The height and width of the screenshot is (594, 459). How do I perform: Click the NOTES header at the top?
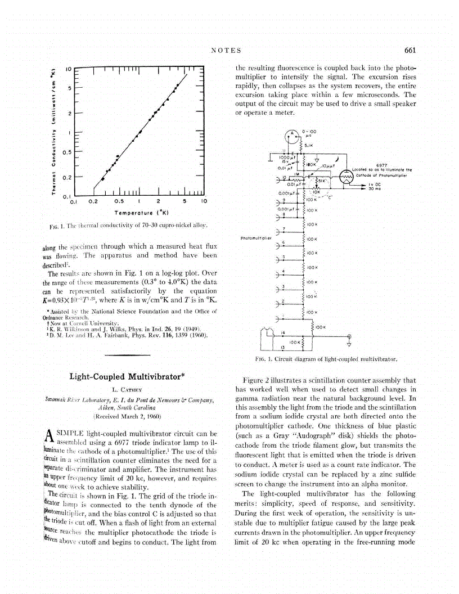[x=226, y=51]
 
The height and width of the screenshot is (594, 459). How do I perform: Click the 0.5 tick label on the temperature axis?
[x=119, y=201]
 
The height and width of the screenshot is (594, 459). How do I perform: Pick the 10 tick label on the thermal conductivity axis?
[x=66, y=69]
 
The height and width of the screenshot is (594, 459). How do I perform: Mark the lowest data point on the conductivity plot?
[x=102, y=178]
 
